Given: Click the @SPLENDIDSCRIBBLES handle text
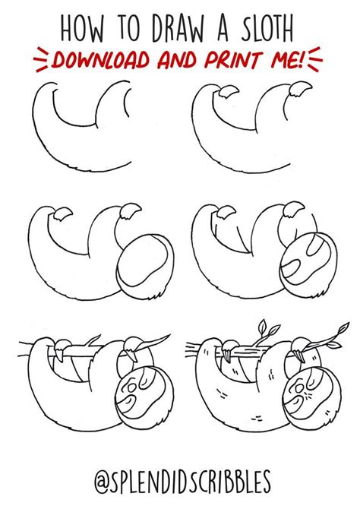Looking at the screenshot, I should [x=180, y=485].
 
